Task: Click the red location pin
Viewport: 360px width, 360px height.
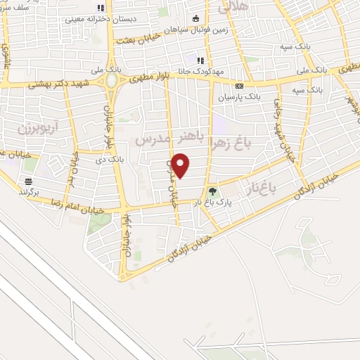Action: (181, 166)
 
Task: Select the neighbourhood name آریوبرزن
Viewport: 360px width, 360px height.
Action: (30, 131)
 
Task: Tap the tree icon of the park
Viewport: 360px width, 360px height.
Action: (212, 191)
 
